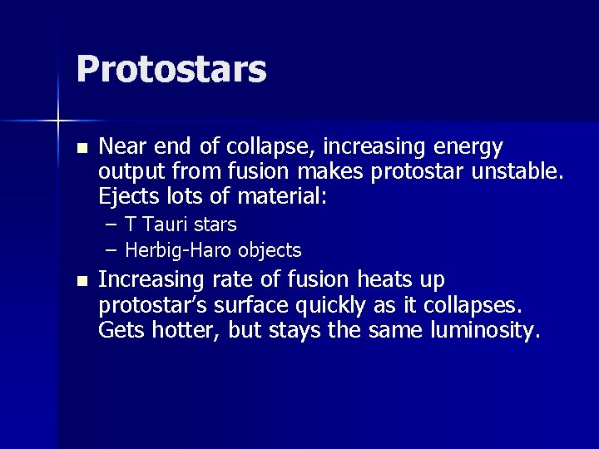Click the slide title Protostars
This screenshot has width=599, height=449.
click(x=171, y=70)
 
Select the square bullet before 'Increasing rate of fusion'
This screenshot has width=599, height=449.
click(x=81, y=281)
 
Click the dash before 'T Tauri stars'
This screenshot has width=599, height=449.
click(x=111, y=225)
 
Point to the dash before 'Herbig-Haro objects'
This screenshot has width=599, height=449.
click(x=111, y=250)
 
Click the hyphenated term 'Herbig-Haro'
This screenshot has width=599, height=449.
click(x=179, y=250)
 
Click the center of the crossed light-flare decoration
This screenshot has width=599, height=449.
click(x=57, y=121)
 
